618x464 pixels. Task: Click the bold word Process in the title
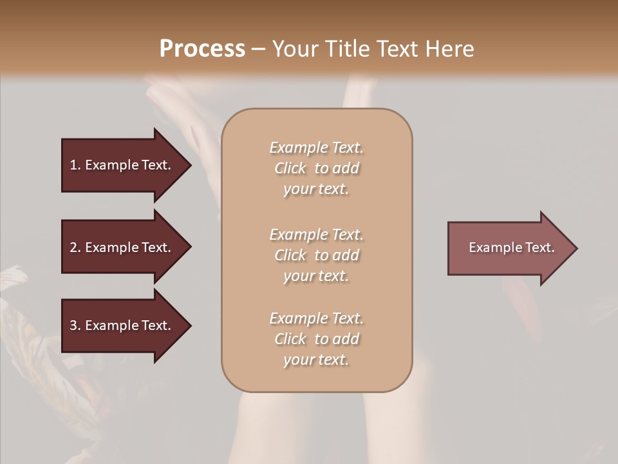pos(202,48)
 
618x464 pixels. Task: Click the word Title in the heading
pos(348,48)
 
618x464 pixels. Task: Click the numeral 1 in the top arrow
pos(73,165)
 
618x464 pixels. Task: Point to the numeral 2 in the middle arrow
pos(73,247)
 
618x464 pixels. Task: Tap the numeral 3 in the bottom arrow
pos(73,325)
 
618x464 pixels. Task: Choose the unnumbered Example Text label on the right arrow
pos(511,247)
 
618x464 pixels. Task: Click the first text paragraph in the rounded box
pos(316,168)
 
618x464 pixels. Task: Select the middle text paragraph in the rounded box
pos(316,255)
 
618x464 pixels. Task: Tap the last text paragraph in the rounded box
pos(316,339)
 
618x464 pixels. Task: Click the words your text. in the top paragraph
pos(316,189)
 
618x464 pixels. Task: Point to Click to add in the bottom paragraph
pos(316,339)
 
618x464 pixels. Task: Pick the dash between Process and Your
pos(258,49)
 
